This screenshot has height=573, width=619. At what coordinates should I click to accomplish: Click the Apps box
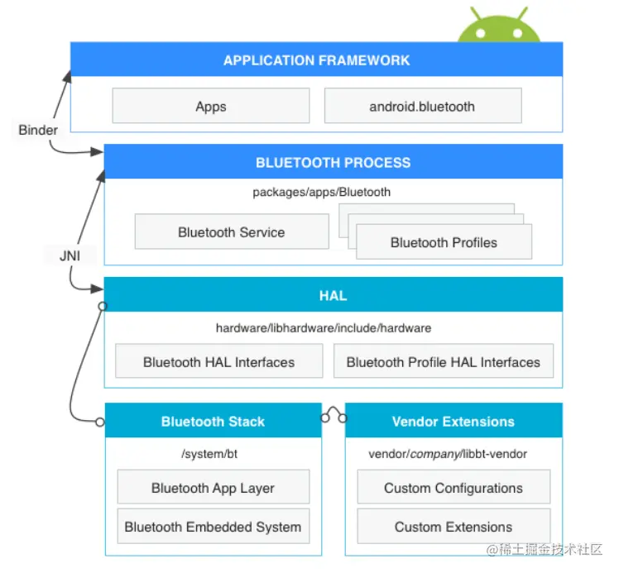(x=211, y=107)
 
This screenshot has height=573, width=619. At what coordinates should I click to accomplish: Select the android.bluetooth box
(x=422, y=107)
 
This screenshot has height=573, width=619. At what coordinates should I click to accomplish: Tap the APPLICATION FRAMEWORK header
(x=316, y=60)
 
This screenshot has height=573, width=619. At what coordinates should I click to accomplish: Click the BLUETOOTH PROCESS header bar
(x=333, y=162)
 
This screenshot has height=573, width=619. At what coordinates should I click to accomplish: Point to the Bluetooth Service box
(x=231, y=232)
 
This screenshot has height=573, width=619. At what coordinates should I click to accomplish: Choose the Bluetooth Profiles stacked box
(x=444, y=242)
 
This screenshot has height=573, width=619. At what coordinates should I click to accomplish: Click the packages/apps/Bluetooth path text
(x=321, y=193)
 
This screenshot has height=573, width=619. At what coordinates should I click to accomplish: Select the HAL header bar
(x=333, y=295)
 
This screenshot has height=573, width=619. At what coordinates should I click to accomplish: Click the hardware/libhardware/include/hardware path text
(x=324, y=328)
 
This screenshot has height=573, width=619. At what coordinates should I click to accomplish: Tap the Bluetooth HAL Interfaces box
(x=218, y=362)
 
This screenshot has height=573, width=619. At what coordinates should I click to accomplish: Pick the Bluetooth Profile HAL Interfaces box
(x=443, y=362)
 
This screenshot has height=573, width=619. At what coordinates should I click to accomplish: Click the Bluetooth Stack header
(x=214, y=422)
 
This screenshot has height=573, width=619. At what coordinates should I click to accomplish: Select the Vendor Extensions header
(x=453, y=422)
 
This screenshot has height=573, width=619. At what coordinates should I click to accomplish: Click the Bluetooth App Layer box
(x=213, y=488)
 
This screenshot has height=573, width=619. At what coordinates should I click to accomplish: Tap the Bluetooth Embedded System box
(x=213, y=527)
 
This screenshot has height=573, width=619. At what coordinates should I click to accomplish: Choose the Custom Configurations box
(x=453, y=488)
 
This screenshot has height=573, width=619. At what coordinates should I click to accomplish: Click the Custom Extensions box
(x=453, y=527)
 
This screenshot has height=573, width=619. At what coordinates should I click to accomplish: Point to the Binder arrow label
(x=38, y=130)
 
